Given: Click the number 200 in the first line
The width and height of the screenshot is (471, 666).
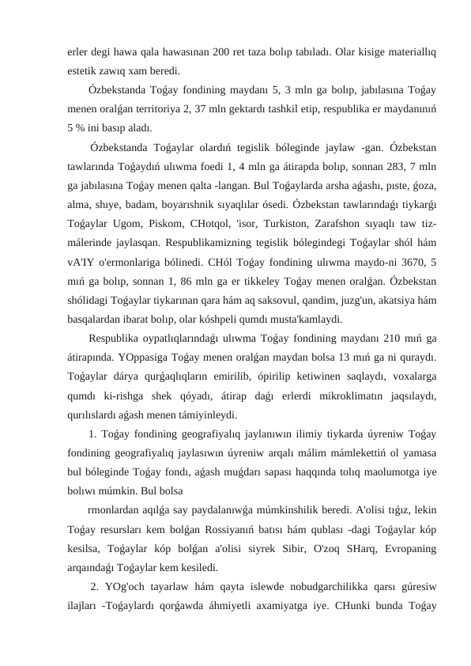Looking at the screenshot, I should tap(220, 53).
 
